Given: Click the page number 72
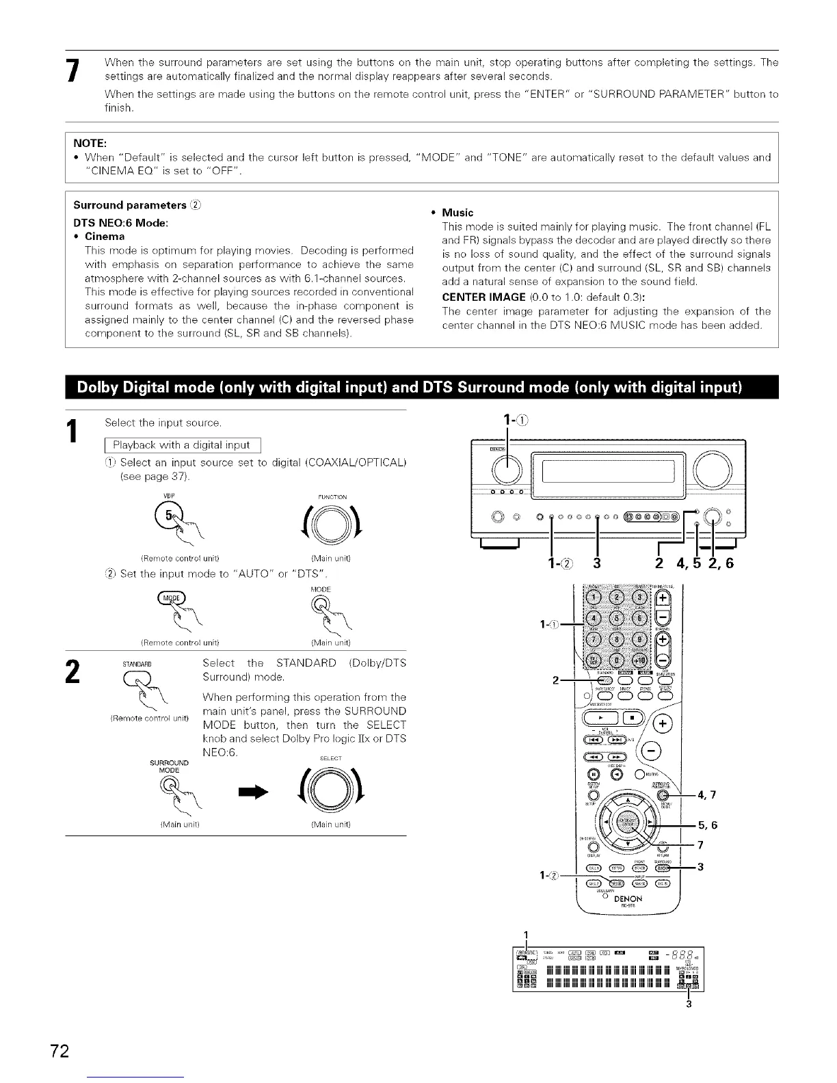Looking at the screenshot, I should click(59, 1050).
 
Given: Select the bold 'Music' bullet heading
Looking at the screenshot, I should click(457, 213).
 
